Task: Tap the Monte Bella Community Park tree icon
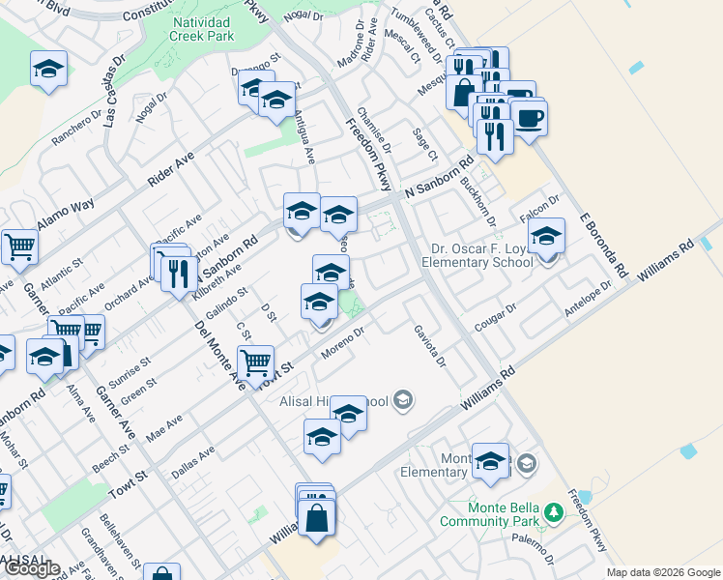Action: (553, 511)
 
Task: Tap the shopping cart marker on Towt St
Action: (256, 363)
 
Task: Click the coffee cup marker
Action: (529, 118)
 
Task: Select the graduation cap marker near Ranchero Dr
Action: (48, 69)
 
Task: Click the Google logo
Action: (32, 568)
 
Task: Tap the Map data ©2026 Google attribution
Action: (663, 572)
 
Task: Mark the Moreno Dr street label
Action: (343, 345)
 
